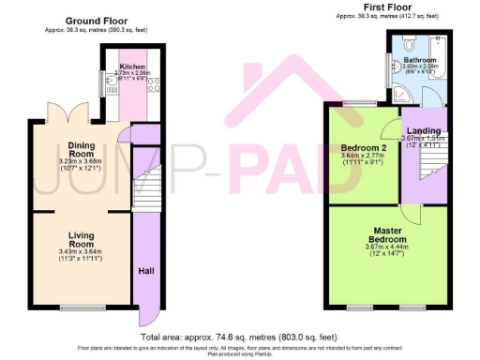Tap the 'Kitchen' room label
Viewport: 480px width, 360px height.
[x=130, y=67]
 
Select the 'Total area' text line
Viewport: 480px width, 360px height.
[x=239, y=337]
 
